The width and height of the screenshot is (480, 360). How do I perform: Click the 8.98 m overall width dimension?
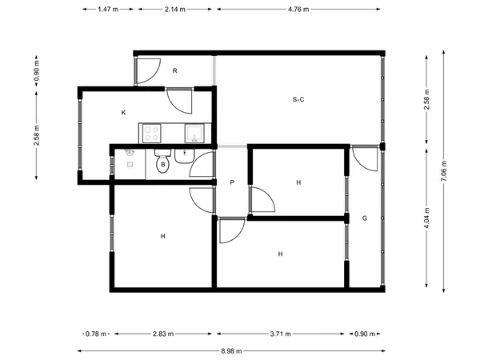point(231,351)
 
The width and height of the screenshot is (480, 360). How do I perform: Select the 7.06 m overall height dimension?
point(444,171)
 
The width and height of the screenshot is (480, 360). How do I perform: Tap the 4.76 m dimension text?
point(298,9)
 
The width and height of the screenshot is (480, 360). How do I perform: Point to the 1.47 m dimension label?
point(108,9)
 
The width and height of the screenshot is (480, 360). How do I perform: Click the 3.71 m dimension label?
point(281,334)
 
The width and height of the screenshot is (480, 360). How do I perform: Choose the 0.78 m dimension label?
point(96,334)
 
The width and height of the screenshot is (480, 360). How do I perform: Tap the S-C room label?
point(298,99)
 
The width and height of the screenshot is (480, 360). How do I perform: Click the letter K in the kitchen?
point(124,113)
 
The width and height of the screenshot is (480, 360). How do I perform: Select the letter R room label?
point(174,70)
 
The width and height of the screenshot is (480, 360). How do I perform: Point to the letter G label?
point(365,218)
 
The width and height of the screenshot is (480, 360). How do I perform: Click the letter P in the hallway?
point(232,182)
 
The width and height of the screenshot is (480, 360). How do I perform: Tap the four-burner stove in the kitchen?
point(152,134)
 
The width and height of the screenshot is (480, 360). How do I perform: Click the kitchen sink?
point(194,133)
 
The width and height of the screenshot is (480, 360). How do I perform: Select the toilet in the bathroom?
point(162,162)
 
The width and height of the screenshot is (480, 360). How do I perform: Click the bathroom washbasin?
point(184,156)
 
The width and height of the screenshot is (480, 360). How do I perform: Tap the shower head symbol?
point(129,152)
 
